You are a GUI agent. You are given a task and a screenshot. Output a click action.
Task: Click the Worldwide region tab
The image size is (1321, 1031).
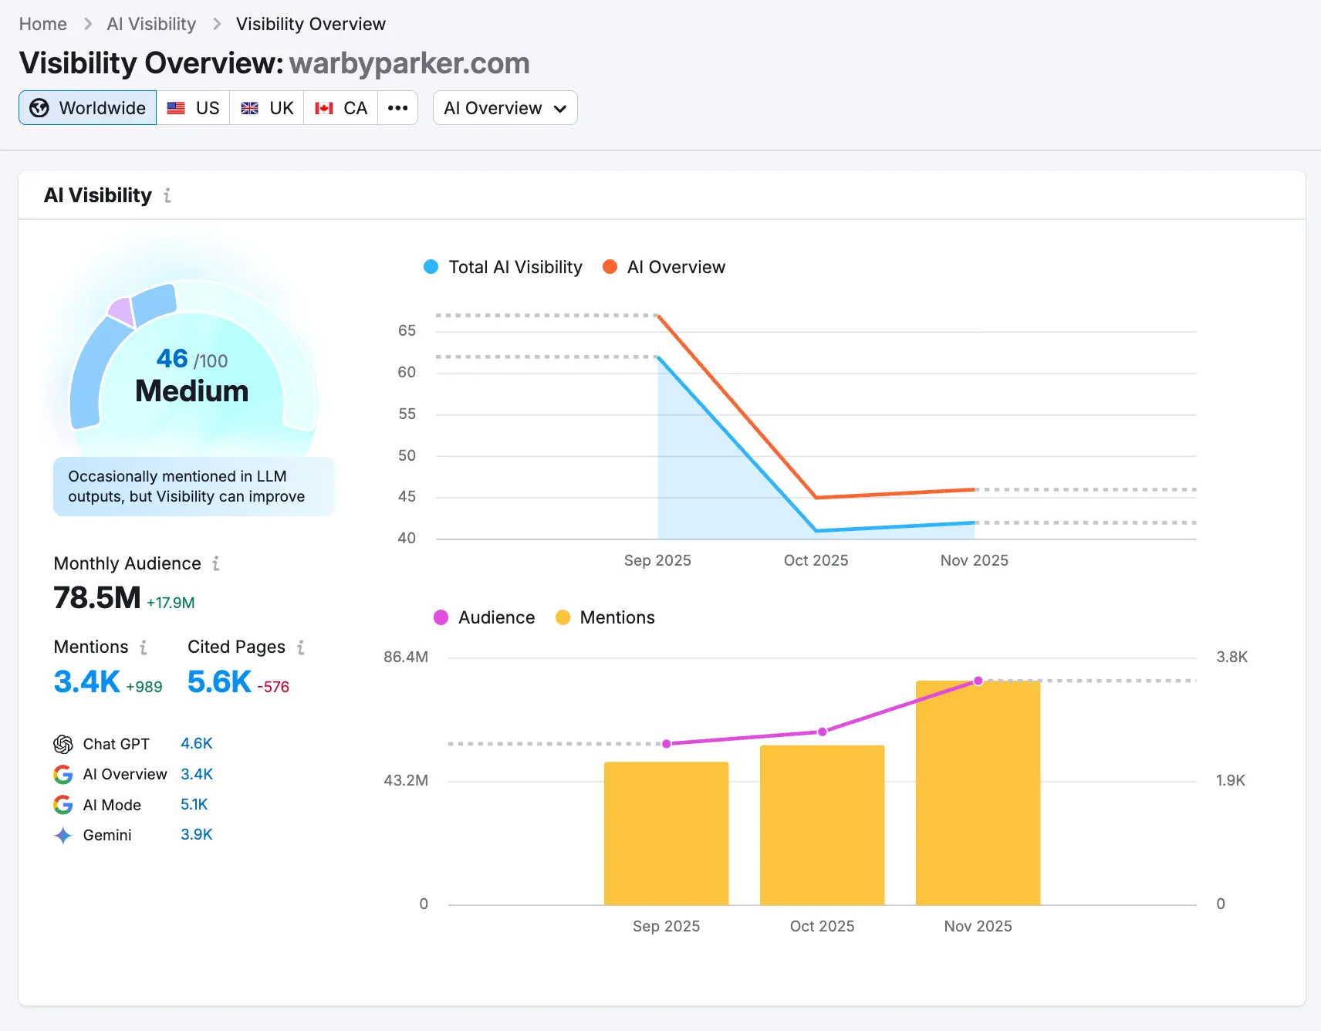click(x=88, y=108)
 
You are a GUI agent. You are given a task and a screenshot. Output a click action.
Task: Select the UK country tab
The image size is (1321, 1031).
click(x=267, y=108)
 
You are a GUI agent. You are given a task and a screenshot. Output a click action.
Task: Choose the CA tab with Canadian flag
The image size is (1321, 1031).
click(x=341, y=108)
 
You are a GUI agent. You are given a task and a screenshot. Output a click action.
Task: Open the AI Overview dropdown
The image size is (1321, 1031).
click(x=505, y=108)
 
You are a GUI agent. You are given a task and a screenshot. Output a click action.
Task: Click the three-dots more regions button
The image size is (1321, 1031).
click(x=398, y=108)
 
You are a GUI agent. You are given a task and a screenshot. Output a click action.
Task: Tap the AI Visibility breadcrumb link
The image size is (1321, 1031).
click(x=151, y=24)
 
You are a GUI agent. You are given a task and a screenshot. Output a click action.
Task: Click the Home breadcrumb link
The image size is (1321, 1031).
click(x=43, y=24)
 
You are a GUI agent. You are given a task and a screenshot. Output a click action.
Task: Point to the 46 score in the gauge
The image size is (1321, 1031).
click(x=172, y=358)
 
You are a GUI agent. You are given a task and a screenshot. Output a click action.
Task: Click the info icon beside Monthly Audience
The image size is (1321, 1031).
click(x=216, y=563)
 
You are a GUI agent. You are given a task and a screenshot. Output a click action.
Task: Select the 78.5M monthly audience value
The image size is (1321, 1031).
click(x=97, y=598)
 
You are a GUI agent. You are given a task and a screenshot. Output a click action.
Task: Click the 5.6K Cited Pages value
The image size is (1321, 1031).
click(x=219, y=682)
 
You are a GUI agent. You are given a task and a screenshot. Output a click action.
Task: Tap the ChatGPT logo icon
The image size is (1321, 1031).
click(x=63, y=744)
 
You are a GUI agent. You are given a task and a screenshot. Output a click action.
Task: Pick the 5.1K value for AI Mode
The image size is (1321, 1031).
click(x=194, y=804)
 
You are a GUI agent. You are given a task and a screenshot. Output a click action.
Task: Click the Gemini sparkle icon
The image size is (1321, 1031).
click(x=63, y=835)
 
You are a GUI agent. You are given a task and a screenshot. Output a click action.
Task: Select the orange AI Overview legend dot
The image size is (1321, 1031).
click(x=610, y=267)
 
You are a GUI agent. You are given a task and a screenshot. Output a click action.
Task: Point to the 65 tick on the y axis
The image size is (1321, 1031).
click(x=407, y=330)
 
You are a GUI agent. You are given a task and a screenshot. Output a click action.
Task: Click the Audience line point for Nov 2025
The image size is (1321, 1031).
click(x=978, y=681)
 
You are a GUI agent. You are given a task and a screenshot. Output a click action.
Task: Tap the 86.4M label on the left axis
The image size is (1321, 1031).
click(x=406, y=657)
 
